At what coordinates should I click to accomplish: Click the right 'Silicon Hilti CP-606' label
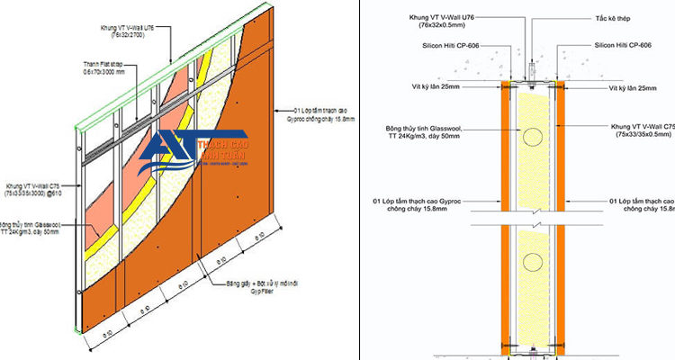tap(620, 44)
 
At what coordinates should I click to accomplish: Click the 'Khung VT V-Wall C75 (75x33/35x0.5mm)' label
tap(641, 131)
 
